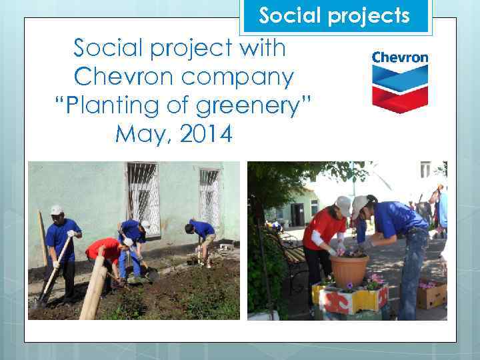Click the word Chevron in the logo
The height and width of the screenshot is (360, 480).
click(400, 57)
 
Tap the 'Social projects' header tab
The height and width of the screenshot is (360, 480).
click(335, 15)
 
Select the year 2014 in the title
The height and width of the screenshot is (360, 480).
click(200, 134)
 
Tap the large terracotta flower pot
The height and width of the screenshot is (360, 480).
click(349, 270)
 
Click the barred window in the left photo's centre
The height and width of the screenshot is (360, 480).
click(143, 197)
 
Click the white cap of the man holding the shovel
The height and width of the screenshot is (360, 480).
click(57, 210)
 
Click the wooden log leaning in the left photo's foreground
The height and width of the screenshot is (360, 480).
click(94, 287)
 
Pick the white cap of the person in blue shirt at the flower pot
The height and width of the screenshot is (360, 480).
click(359, 203)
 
